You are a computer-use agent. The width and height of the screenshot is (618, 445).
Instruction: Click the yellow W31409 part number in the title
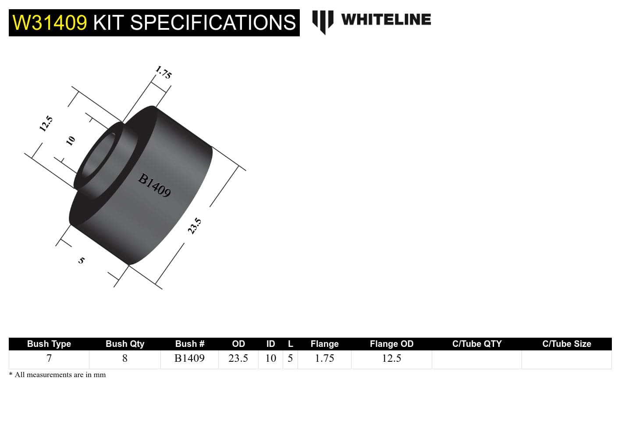(x=50, y=23)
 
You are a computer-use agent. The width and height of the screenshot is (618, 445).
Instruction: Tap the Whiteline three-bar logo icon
(x=323, y=21)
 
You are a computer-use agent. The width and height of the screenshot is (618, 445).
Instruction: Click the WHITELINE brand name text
(x=386, y=20)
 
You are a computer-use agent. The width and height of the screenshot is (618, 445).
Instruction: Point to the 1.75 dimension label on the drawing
(x=163, y=72)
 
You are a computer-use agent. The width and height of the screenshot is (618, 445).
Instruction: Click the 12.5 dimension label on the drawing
(x=46, y=124)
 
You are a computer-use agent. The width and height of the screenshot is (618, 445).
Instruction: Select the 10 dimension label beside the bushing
(x=71, y=141)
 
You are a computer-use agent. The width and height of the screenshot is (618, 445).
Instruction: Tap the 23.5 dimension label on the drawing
(x=195, y=226)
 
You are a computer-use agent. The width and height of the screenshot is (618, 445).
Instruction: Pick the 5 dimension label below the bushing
(x=82, y=260)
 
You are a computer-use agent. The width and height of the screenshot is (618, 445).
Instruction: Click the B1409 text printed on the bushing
(x=154, y=185)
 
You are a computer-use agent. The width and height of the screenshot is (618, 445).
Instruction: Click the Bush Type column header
(x=49, y=344)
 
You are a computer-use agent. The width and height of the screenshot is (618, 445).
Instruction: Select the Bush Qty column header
(x=125, y=344)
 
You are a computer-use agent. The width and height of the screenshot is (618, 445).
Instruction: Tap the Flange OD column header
(x=391, y=344)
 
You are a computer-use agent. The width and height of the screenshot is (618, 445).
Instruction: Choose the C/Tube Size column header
(x=566, y=344)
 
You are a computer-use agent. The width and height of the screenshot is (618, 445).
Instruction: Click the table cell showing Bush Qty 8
(x=125, y=358)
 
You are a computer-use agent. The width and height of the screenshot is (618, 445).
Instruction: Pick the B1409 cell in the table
(x=189, y=358)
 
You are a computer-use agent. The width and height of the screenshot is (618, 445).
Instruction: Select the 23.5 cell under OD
(x=238, y=358)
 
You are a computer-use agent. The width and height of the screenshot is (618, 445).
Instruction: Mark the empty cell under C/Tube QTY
(x=476, y=359)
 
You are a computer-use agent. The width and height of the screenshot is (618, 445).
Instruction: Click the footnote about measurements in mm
(x=57, y=375)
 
